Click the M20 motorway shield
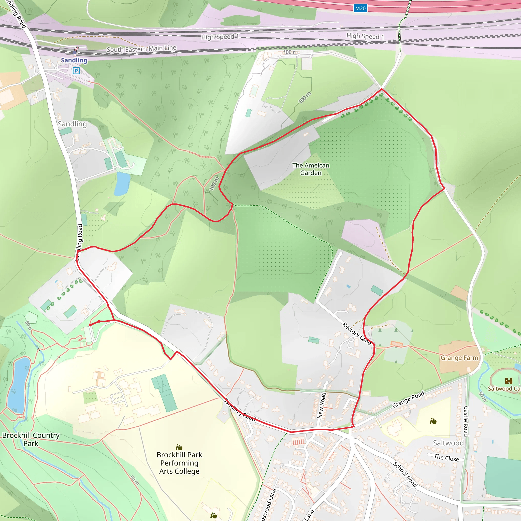pos(360,8)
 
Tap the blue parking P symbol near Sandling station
pos(76,71)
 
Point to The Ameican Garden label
pos(311,169)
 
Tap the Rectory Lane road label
pos(356,334)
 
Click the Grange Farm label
pos(459,358)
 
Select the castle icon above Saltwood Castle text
pos(509,381)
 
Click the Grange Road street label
pos(408,400)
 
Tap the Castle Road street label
pos(466,421)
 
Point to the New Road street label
pos(322,405)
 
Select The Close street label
pos(446,457)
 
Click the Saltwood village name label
pos(448,443)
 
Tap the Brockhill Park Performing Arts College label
pos(179,463)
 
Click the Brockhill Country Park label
pos(31,439)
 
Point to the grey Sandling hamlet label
pos(72,124)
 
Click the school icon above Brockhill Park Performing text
pos(179,447)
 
